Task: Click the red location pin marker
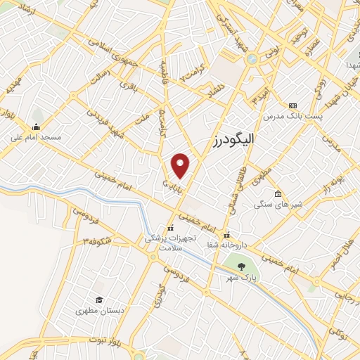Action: [x=181, y=165]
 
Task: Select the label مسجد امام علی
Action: [x=35, y=137]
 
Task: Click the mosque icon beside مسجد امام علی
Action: [x=35, y=127]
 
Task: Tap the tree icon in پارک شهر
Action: [x=241, y=266]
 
